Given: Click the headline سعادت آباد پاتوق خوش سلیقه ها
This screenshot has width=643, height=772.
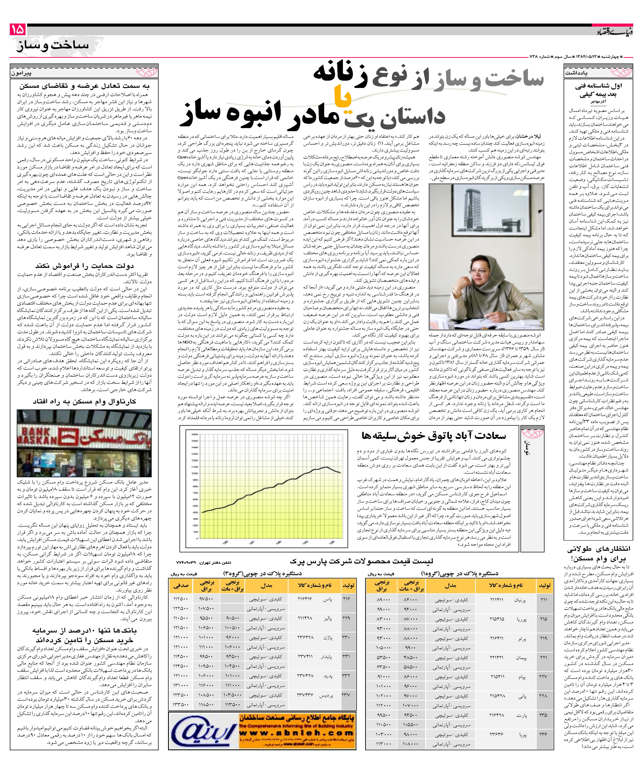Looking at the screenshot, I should (x=434, y=436).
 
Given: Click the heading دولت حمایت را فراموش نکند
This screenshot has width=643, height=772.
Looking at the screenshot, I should (x=85, y=265).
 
